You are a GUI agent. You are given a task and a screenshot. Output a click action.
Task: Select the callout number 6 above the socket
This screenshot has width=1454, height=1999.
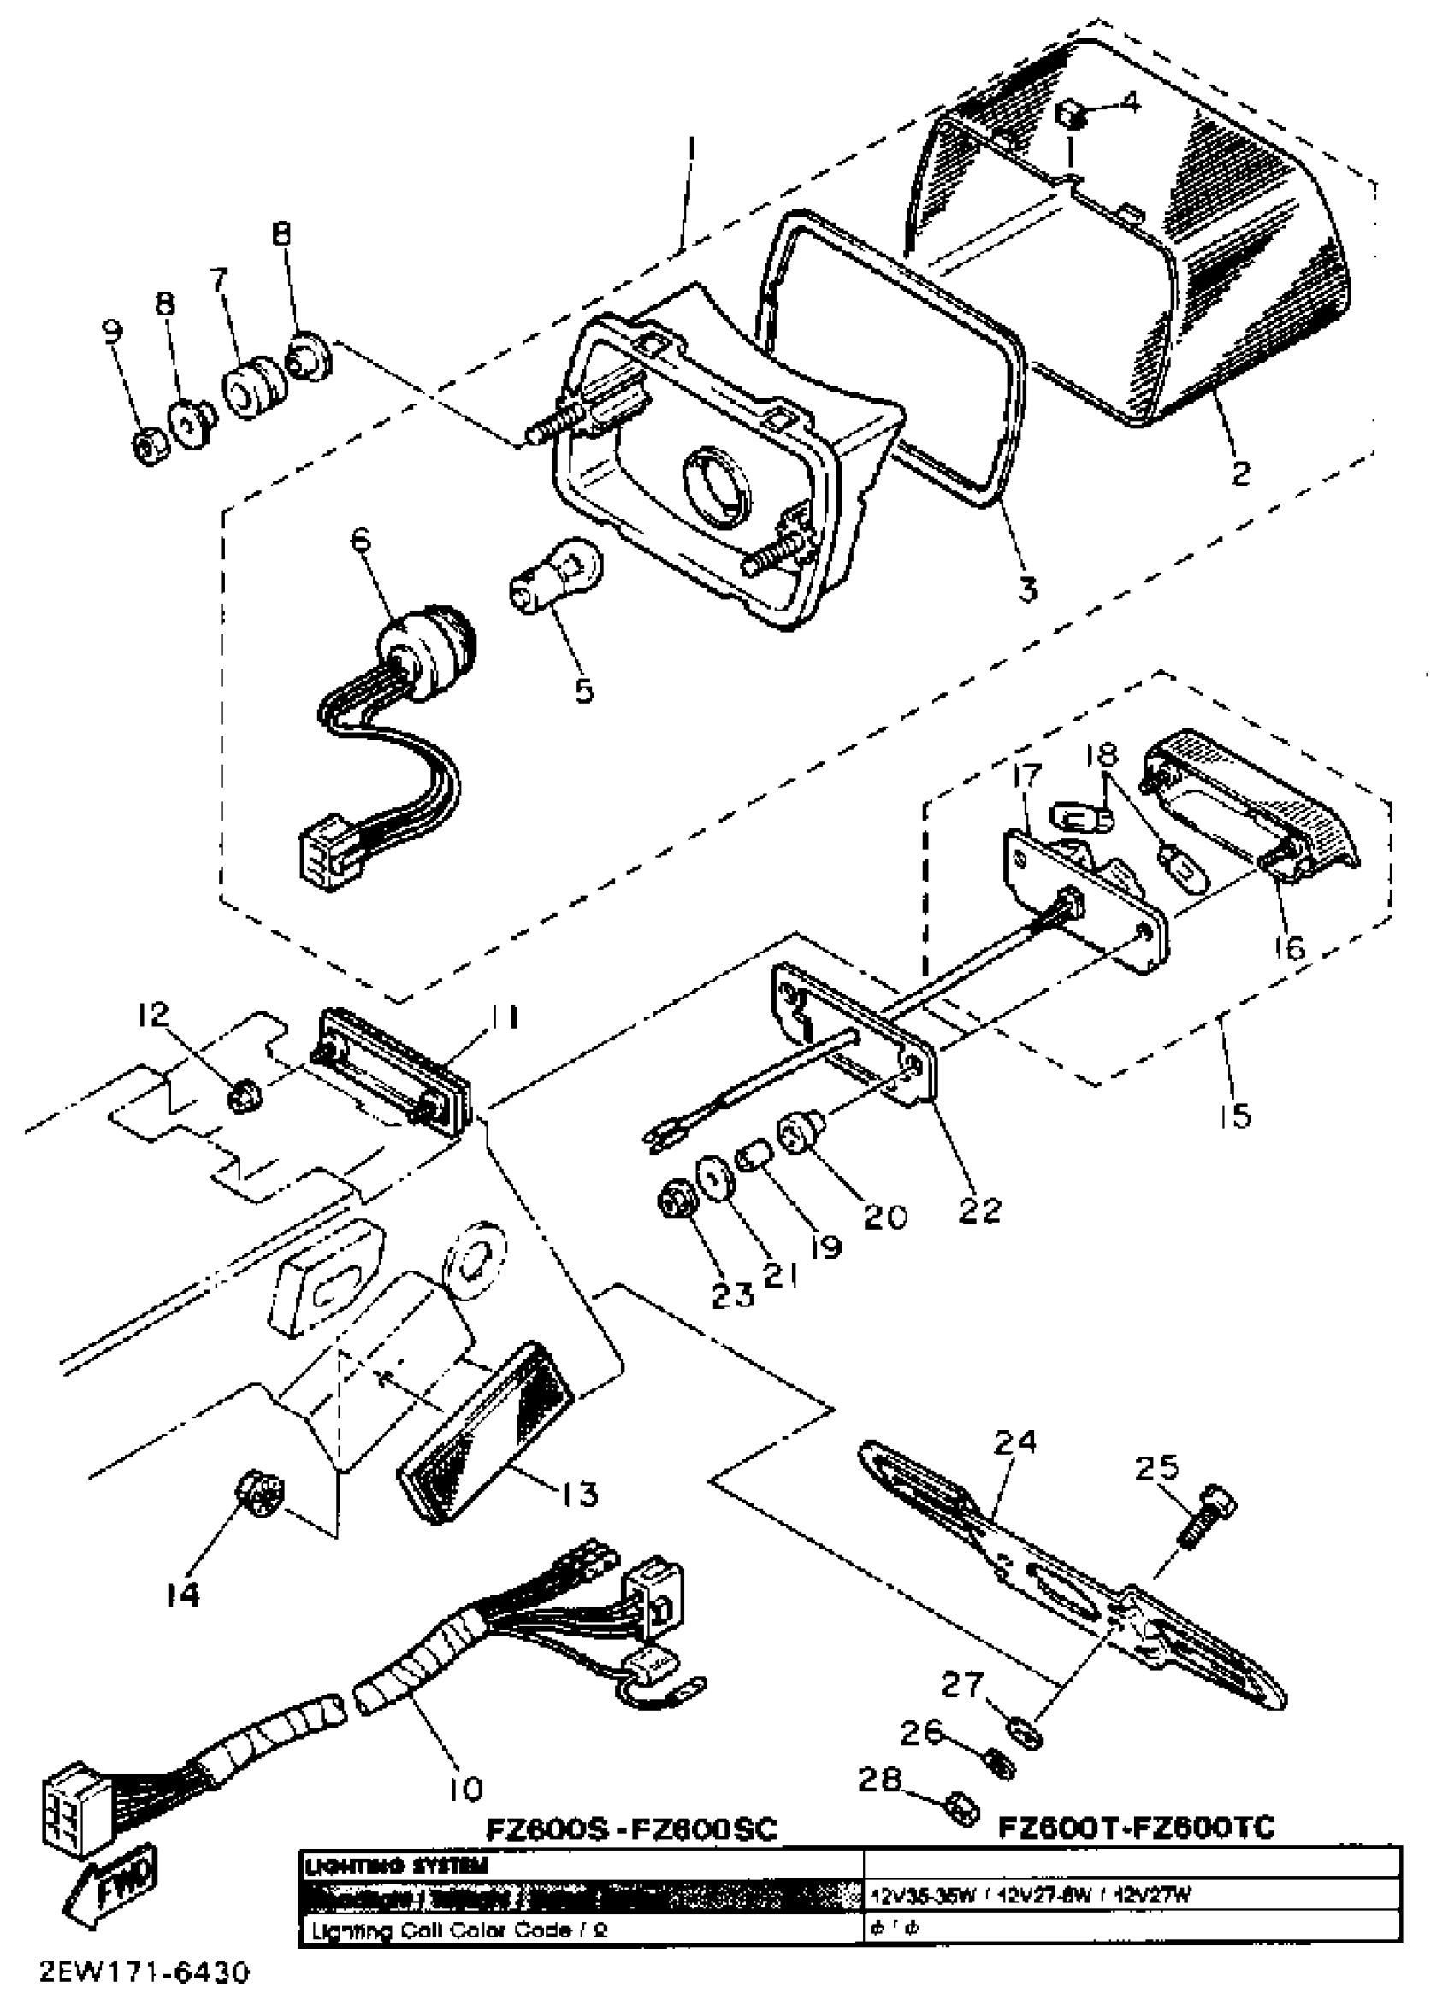pos(361,543)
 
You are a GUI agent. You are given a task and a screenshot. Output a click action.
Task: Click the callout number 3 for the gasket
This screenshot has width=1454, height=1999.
pos(1027,588)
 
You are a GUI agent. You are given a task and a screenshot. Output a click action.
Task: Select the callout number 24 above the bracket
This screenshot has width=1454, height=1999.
pos(1015,1442)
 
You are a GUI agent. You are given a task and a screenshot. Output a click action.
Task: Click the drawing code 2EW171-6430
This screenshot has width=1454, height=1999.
pos(145,1969)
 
